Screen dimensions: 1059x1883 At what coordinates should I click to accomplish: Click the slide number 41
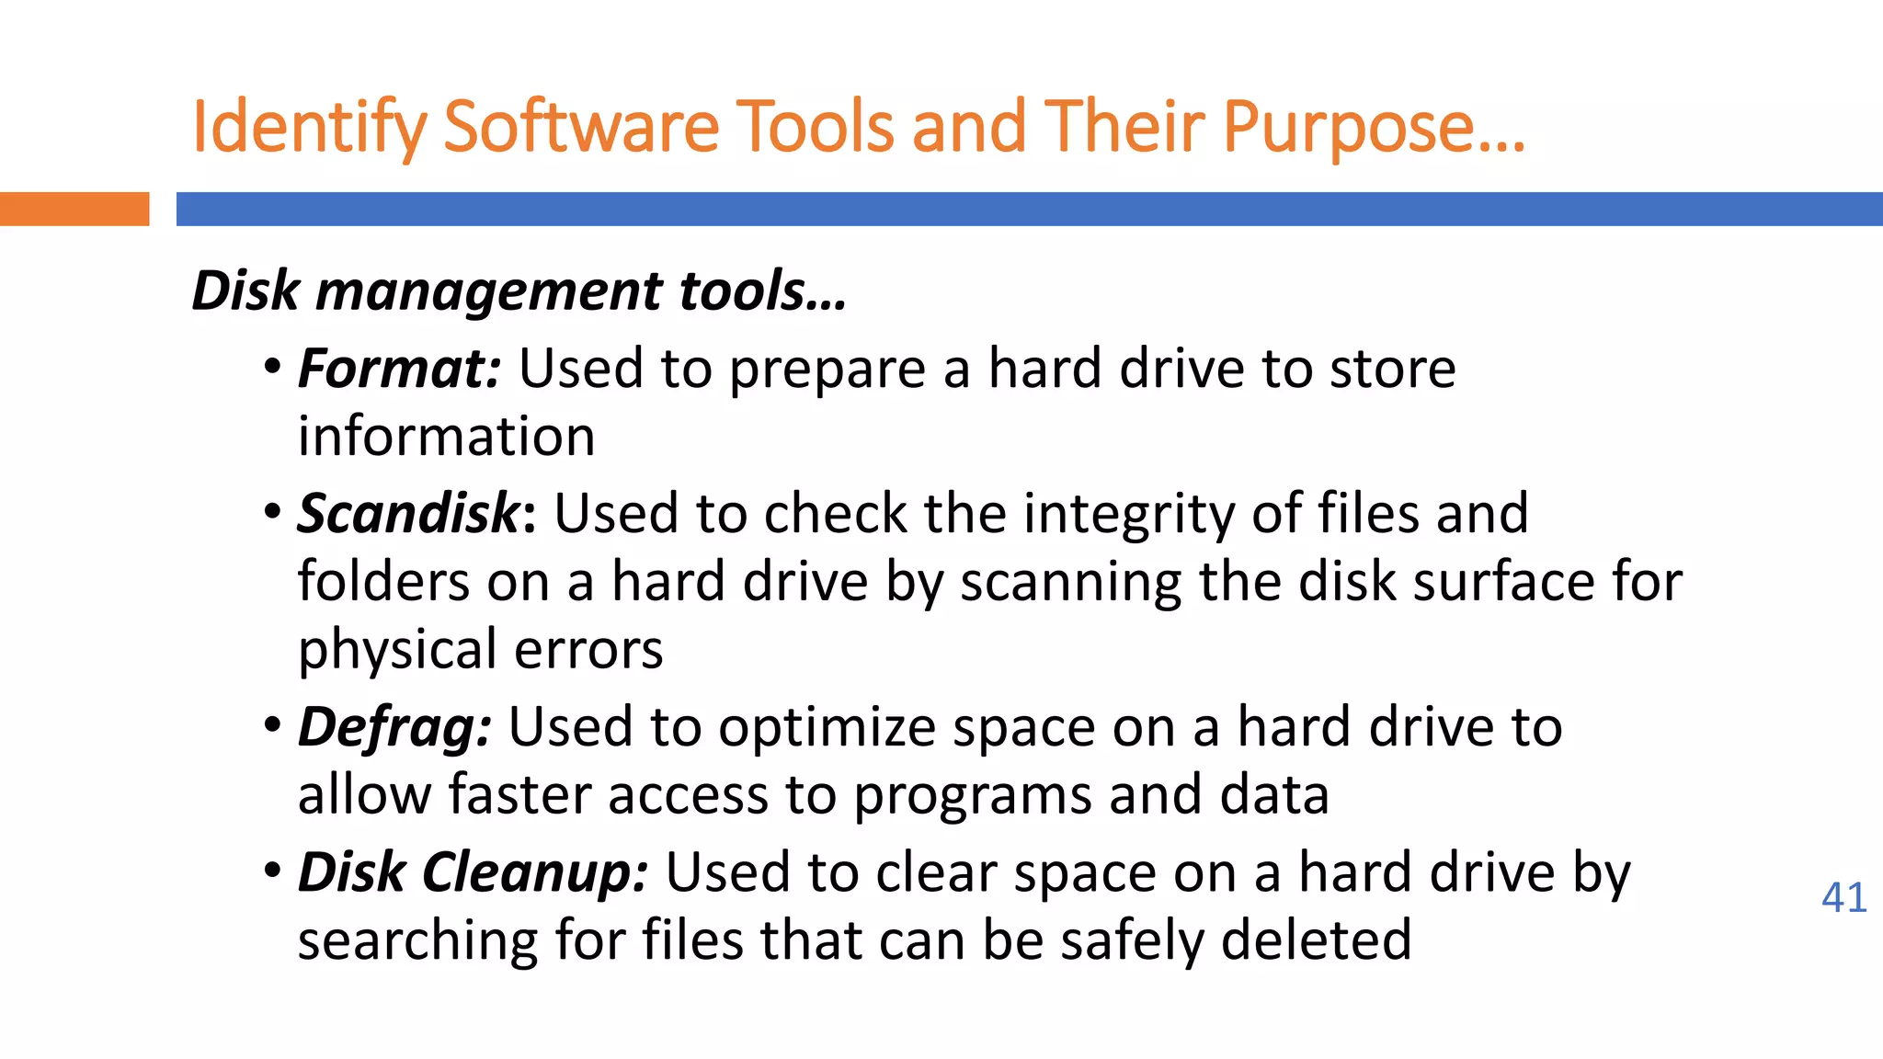coord(1843,897)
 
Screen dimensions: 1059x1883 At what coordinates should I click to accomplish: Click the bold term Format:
coord(399,369)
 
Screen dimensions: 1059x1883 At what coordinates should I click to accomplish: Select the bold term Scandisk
coord(409,513)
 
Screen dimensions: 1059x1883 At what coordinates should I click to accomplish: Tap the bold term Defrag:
coord(394,728)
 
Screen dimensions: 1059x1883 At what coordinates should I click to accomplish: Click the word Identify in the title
coord(309,128)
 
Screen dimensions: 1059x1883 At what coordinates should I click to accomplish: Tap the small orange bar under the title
coord(74,209)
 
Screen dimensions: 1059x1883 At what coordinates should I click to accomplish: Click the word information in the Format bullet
coord(446,436)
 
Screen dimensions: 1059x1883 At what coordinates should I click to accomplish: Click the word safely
coord(1132,940)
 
